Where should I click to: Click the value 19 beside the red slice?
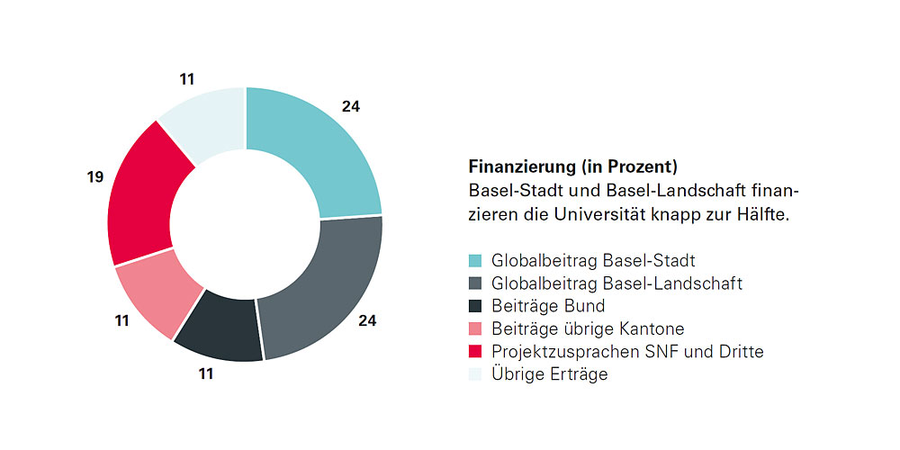(x=95, y=178)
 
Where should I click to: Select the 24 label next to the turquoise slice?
(x=351, y=106)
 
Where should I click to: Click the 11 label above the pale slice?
(x=187, y=79)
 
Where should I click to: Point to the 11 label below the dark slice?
(x=206, y=373)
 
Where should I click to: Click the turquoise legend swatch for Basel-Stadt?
(x=475, y=262)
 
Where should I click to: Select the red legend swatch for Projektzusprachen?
(x=475, y=352)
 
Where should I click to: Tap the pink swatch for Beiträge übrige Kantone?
(x=475, y=329)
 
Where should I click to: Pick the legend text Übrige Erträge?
(x=549, y=374)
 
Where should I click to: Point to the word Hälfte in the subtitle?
(x=768, y=216)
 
